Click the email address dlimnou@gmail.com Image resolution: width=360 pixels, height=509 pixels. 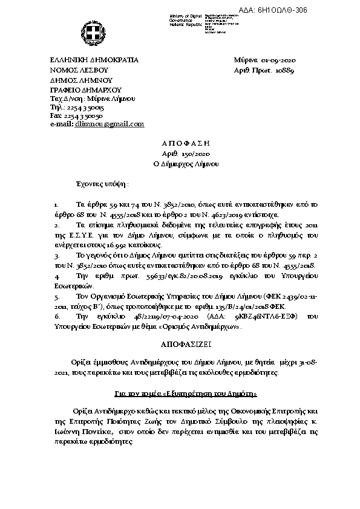(x=110, y=124)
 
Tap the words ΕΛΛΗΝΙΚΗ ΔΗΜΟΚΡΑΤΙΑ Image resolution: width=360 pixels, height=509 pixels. (x=94, y=60)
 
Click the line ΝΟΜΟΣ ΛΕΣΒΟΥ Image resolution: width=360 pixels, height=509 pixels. (x=78, y=70)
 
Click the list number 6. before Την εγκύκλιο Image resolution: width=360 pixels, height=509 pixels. (x=56, y=316)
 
